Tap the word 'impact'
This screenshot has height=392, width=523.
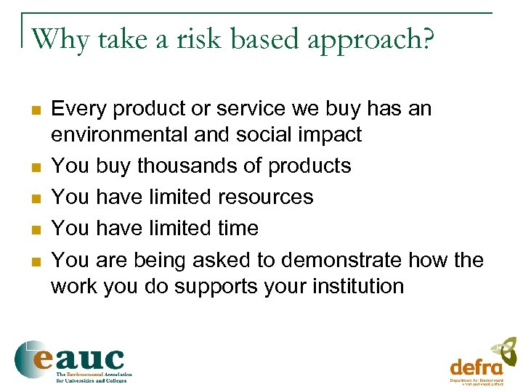(328, 136)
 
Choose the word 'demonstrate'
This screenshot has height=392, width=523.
(343, 260)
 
